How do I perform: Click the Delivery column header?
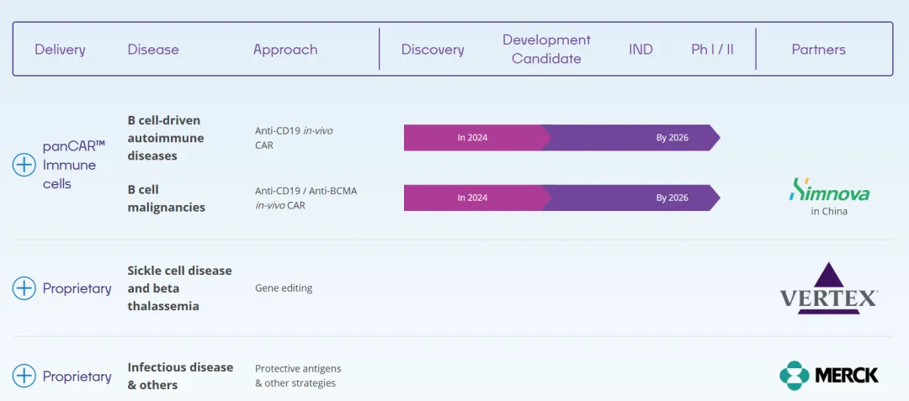tap(60, 50)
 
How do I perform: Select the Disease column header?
tap(153, 50)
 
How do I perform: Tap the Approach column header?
tap(285, 50)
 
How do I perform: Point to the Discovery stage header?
tap(433, 50)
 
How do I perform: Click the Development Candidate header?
tap(546, 50)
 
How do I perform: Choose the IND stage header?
tap(641, 50)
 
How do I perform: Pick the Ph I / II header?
tap(712, 50)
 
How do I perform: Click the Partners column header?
tap(818, 50)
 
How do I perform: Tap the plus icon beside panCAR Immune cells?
tap(24, 165)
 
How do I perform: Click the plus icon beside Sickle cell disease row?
tap(24, 288)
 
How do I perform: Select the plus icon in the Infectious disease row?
tap(24, 377)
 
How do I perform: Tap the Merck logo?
tap(829, 375)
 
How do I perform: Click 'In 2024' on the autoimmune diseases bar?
tap(472, 138)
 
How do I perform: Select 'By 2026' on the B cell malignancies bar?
tap(672, 198)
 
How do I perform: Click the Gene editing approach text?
tap(284, 288)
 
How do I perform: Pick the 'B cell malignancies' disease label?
tap(167, 198)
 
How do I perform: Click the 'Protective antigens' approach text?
tap(298, 369)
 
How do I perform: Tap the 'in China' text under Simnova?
tap(829, 212)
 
